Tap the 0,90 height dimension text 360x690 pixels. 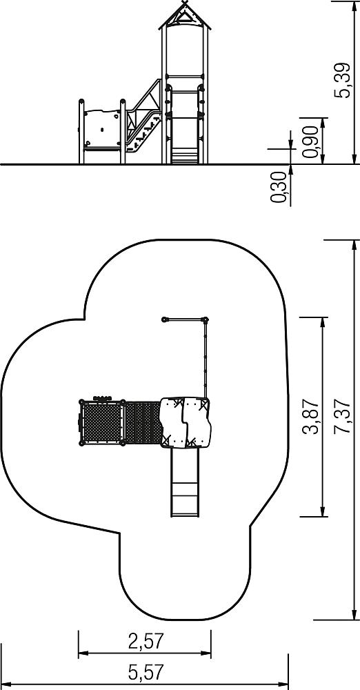pos(311,141)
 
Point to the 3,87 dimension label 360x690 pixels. pos(311,416)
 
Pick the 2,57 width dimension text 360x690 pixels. pos(146,642)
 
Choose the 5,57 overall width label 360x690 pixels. pos(146,672)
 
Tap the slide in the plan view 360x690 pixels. pos(185,482)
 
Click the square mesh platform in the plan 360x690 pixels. pos(101,422)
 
